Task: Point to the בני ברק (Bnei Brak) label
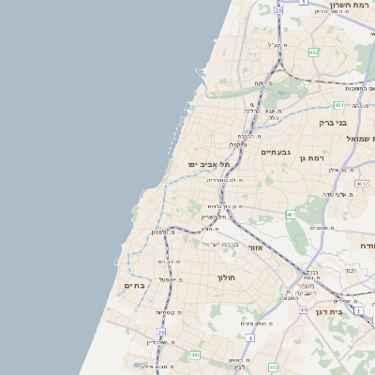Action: [x=333, y=122]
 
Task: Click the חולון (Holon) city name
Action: [x=229, y=277]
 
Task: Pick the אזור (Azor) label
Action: [x=256, y=247]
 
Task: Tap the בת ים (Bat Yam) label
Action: [x=134, y=285]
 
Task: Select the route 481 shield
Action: [x=338, y=105]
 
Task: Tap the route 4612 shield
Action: [x=362, y=184]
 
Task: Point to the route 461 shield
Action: [x=292, y=215]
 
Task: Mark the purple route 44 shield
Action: [x=303, y=308]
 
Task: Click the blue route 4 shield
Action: [x=249, y=337]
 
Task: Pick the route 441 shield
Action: [x=195, y=354]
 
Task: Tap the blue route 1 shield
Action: [x=357, y=308]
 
